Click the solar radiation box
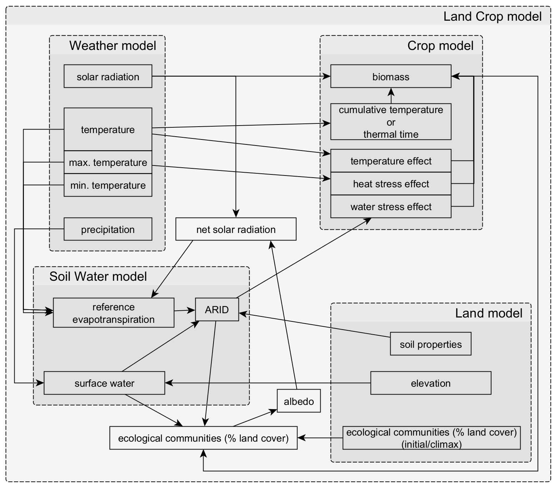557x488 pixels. click(108, 76)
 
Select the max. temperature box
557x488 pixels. click(108, 162)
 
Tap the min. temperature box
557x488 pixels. click(108, 185)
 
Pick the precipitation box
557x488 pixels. click(108, 229)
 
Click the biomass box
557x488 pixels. click(391, 76)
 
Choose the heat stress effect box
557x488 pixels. click(391, 184)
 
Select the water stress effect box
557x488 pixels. click(391, 207)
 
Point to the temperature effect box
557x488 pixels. click(391, 161)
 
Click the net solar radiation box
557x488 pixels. click(236, 229)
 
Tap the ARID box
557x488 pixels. click(217, 309)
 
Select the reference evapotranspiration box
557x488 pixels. click(114, 313)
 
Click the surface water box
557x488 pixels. click(104, 383)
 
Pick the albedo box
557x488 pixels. click(299, 401)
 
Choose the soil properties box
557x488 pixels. click(431, 344)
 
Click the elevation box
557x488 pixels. click(431, 383)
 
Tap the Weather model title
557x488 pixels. click(113, 46)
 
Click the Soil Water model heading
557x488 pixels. click(98, 276)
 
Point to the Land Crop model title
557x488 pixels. click(493, 16)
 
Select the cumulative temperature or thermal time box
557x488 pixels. click(391, 122)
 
